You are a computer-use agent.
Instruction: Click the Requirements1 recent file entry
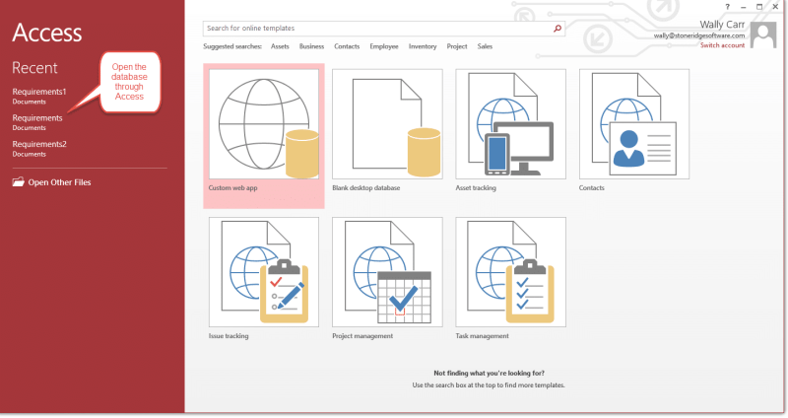(x=39, y=96)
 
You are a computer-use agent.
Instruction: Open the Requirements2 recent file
(x=39, y=149)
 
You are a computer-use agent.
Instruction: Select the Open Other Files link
(x=52, y=182)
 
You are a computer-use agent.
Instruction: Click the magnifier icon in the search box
(x=558, y=29)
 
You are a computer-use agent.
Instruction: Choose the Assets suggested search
(x=280, y=46)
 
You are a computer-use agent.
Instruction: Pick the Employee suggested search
(x=384, y=46)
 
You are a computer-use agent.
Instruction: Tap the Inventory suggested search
(x=423, y=46)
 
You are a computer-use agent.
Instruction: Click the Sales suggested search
(x=485, y=46)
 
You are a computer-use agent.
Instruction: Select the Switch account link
(x=723, y=45)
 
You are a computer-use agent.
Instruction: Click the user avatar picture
(x=763, y=35)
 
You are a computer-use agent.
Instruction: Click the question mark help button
(x=727, y=7)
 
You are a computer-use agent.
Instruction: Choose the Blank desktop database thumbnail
(x=387, y=124)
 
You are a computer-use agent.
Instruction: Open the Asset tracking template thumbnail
(x=510, y=124)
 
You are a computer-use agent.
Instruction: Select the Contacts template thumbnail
(x=634, y=124)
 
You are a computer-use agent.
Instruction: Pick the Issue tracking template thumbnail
(x=264, y=272)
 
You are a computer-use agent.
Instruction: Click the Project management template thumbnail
(x=387, y=272)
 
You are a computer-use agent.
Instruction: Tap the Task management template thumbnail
(x=510, y=272)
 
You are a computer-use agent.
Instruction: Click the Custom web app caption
(x=232, y=188)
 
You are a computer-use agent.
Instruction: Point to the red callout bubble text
(x=129, y=82)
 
